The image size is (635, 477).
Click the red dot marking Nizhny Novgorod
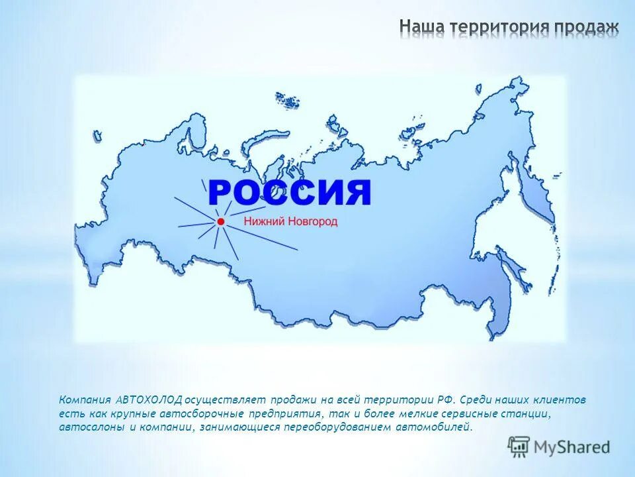pos(220,221)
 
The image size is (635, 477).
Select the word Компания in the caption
pos(85,400)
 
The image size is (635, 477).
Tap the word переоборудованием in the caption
pos(337,427)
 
